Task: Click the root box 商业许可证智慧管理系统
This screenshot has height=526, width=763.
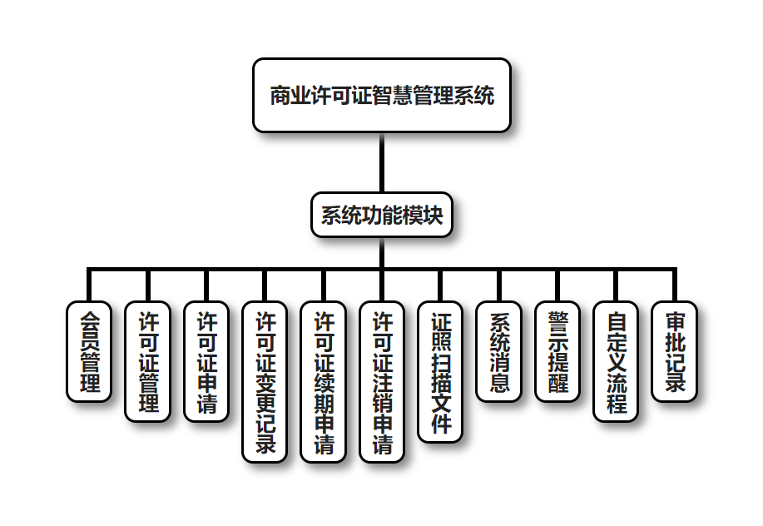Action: click(382, 96)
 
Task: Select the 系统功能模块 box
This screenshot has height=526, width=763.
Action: click(382, 216)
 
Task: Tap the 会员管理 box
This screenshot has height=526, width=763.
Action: click(89, 351)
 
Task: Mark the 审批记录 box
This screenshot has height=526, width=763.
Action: click(675, 351)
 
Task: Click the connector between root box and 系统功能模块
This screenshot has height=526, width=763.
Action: click(382, 162)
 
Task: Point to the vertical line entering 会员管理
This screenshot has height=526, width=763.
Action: click(89, 285)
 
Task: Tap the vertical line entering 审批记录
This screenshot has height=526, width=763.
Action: click(675, 285)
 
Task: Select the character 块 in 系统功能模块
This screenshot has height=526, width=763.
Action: click(434, 216)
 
